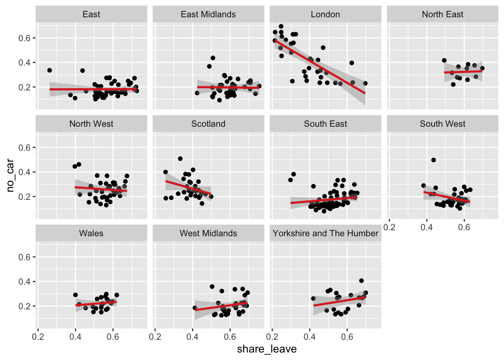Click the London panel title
[x=325, y=15]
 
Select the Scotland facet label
[x=208, y=124]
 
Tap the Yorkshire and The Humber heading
[x=325, y=234]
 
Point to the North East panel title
[x=442, y=15]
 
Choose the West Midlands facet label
[x=208, y=234]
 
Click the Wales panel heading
[x=91, y=234]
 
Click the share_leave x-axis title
[x=267, y=349]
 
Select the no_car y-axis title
[x=10, y=175]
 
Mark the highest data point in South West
[x=433, y=160]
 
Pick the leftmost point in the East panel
[x=49, y=70]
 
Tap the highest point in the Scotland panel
[x=180, y=159]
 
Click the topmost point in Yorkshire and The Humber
[x=361, y=280]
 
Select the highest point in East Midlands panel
[x=213, y=58]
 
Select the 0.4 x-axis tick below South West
[x=427, y=227]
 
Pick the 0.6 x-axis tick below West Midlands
[x=230, y=337]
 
